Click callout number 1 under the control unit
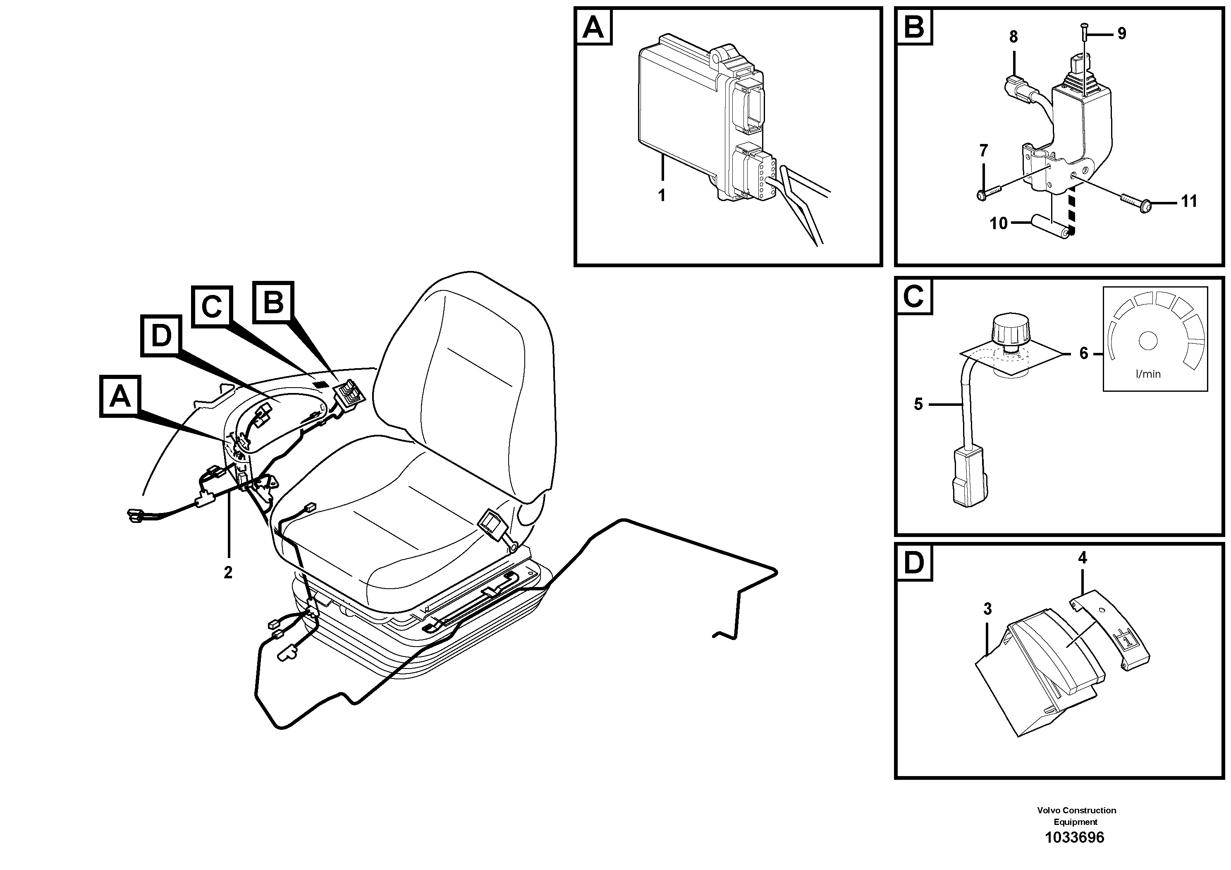pos(662,196)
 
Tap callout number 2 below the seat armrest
pos(228,573)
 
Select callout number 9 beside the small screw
pos(1121,34)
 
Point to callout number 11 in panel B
pos(1189,202)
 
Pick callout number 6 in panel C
pos(1083,353)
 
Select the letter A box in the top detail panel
pos(593,26)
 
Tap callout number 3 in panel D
pos(987,609)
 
